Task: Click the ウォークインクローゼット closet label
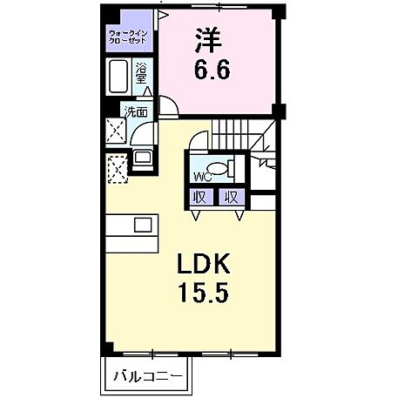point(127,38)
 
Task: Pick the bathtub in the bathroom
point(118,77)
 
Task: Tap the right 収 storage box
point(231,197)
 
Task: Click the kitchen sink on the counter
point(143,225)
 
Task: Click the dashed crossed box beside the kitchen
point(116,166)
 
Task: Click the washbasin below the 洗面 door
point(142,159)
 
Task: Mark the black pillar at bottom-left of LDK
point(107,347)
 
